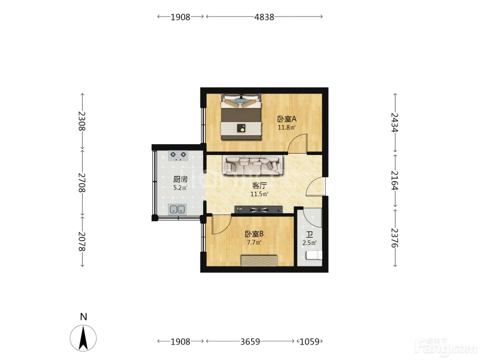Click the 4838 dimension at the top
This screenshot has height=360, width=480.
tap(264, 17)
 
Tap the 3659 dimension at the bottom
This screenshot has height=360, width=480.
tap(250, 341)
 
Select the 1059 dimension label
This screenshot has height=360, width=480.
tap(310, 341)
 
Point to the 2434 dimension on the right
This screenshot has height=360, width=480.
tap(395, 122)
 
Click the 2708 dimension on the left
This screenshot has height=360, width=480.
tap(82, 182)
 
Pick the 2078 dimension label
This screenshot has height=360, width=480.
tap(82, 241)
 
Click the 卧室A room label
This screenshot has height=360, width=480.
tap(287, 119)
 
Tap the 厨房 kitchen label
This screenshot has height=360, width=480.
tap(180, 179)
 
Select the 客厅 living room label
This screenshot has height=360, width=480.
tap(259, 185)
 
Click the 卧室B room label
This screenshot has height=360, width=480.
tap(254, 234)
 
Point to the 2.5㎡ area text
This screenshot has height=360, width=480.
tap(310, 243)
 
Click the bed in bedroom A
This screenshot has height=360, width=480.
tap(241, 117)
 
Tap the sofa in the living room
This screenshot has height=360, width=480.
tap(253, 165)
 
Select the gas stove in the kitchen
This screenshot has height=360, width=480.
tap(178, 156)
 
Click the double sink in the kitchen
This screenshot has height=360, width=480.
tap(177, 209)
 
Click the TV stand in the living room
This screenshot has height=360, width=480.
tap(259, 209)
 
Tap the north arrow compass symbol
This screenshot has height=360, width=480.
tap(83, 338)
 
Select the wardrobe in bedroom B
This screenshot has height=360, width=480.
tap(259, 261)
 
